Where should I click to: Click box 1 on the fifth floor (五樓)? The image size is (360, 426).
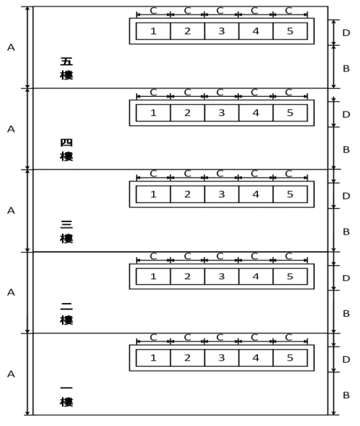[x=153, y=31]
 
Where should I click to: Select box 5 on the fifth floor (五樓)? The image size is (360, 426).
[x=290, y=31]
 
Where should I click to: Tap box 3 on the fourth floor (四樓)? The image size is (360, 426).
[x=222, y=113]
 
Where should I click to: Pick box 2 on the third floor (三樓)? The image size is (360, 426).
[x=187, y=194]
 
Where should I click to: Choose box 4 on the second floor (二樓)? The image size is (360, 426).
[x=256, y=276]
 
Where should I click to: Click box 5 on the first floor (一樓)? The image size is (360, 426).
[x=290, y=358]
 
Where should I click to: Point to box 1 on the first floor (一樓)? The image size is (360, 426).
[x=153, y=358]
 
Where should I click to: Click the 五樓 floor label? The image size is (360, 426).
[x=66, y=68]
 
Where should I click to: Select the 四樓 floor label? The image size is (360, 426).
[x=66, y=150]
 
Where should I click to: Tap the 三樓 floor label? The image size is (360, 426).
[x=66, y=232]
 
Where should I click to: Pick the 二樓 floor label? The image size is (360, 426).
[x=66, y=314]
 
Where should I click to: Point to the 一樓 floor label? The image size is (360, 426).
[x=66, y=396]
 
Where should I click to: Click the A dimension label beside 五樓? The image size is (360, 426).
[x=11, y=47]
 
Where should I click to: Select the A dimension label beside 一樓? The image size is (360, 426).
[x=11, y=374]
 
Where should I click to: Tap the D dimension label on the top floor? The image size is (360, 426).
[x=346, y=33]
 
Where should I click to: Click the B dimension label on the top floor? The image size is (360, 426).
[x=346, y=68]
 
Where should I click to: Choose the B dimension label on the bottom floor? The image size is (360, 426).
[x=346, y=395]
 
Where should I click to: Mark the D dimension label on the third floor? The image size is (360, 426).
[x=346, y=196]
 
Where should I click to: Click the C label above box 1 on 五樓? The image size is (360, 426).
[x=153, y=11]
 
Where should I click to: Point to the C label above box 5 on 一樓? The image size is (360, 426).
[x=289, y=337]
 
